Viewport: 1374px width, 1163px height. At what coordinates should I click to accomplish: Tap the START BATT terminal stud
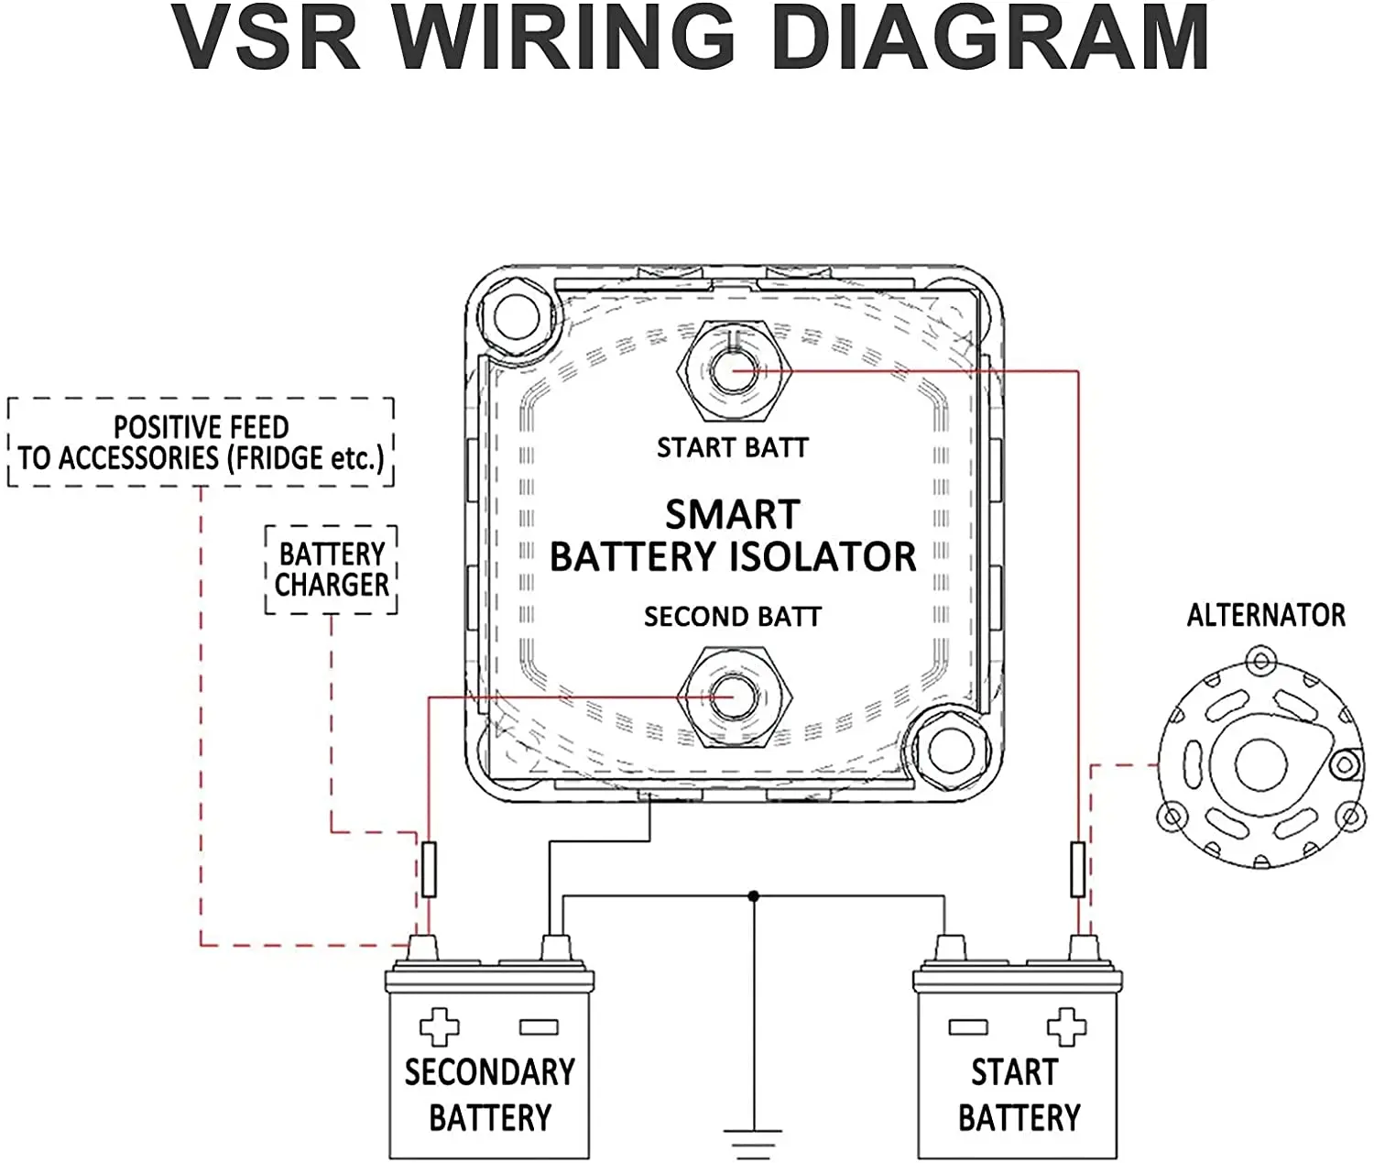[732, 370]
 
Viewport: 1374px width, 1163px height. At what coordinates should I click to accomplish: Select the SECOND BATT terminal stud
[732, 696]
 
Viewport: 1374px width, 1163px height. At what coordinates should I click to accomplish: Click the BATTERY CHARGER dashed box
[332, 569]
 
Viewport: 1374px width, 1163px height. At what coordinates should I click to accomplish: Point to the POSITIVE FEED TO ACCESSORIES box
[201, 443]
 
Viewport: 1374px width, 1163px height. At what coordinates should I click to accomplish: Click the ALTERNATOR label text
[1266, 615]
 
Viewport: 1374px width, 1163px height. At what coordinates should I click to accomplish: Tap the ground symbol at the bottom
[753, 1141]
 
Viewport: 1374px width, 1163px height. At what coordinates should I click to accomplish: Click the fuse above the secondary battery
[429, 870]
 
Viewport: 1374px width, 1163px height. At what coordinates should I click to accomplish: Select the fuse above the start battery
[1078, 870]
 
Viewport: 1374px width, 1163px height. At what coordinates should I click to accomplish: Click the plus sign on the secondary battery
[439, 1027]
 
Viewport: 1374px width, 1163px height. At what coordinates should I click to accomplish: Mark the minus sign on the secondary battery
[539, 1027]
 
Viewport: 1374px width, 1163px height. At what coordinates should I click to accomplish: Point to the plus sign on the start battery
[1066, 1027]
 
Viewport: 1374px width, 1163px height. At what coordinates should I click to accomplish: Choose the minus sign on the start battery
[968, 1027]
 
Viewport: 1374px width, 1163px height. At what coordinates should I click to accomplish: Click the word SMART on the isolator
[732, 515]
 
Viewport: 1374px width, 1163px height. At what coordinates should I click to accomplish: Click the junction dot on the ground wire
[753, 895]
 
